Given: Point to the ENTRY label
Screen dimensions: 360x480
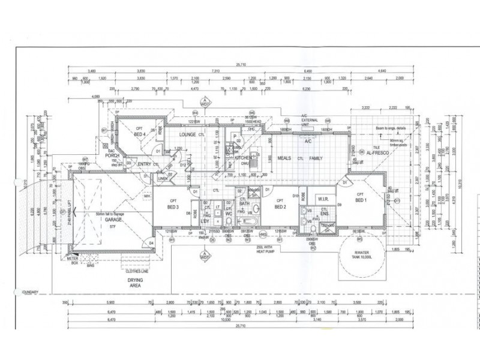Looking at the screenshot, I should [144, 164].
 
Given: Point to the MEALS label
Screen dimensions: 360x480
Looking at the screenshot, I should [284, 158].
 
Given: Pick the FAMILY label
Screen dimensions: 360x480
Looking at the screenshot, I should [316, 158].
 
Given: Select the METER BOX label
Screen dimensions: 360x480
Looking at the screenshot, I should [76, 260].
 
